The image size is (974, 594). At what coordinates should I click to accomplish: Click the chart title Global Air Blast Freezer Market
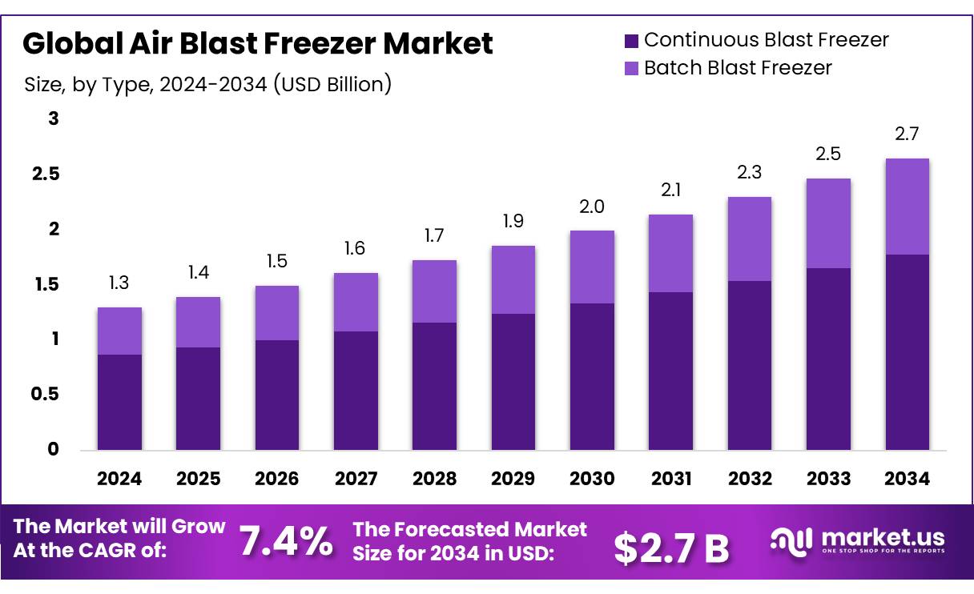pyautogui.click(x=257, y=43)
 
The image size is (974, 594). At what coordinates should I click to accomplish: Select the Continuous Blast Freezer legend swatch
pyautogui.click(x=630, y=40)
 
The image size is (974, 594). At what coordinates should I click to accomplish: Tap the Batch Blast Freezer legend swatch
pyautogui.click(x=630, y=68)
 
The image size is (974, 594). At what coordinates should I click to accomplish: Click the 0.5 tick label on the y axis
pyautogui.click(x=45, y=395)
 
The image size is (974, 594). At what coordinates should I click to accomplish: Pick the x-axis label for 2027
pyautogui.click(x=356, y=479)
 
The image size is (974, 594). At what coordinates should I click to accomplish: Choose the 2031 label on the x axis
pyautogui.click(x=670, y=479)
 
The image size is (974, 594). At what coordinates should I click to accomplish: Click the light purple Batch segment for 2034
pyautogui.click(x=907, y=207)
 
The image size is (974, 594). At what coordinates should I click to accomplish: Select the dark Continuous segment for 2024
pyautogui.click(x=119, y=402)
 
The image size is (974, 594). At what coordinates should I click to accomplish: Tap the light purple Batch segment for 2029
pyautogui.click(x=513, y=279)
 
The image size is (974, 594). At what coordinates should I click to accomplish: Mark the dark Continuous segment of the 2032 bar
pyautogui.click(x=749, y=365)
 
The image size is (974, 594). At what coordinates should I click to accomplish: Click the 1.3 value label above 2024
pyautogui.click(x=119, y=283)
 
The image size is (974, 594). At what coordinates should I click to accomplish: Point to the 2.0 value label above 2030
pyautogui.click(x=592, y=207)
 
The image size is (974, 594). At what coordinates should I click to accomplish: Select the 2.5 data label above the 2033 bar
pyautogui.click(x=828, y=154)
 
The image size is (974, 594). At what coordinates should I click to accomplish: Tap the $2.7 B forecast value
pyautogui.click(x=671, y=547)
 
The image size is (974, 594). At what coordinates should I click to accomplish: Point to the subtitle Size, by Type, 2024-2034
pyautogui.click(x=207, y=84)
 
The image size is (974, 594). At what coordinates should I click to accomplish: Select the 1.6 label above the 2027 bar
pyautogui.click(x=356, y=249)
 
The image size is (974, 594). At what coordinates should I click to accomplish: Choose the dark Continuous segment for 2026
pyautogui.click(x=277, y=395)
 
